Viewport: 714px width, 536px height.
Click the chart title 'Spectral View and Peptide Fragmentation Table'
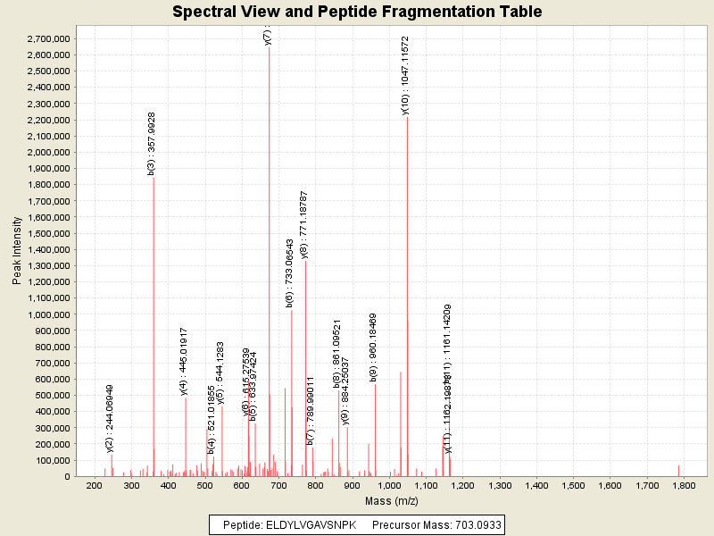[357, 13]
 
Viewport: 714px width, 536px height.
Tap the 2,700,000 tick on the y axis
[45, 39]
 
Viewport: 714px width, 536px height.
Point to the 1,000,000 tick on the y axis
[45, 314]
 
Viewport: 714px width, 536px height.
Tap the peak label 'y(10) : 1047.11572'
[405, 76]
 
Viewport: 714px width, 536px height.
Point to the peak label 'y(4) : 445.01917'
[184, 361]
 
